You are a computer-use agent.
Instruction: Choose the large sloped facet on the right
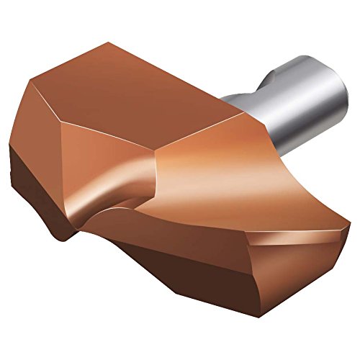[238, 180]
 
